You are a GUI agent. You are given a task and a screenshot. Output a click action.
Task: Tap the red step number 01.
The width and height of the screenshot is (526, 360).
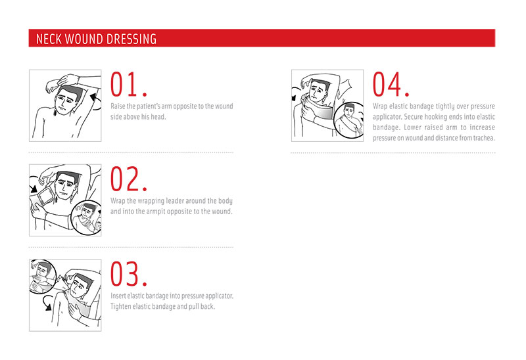click(x=128, y=84)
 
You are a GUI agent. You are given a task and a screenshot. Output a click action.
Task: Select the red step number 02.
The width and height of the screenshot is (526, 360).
click(x=128, y=179)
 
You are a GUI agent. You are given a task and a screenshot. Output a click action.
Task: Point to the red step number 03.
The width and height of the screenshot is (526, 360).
click(x=128, y=274)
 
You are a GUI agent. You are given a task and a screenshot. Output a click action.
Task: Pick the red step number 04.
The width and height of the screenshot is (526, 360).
click(x=391, y=84)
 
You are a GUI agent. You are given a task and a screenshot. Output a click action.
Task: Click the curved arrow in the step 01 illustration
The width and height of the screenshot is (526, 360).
click(x=96, y=102)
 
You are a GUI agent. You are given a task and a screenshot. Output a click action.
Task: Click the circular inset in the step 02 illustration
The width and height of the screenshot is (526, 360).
click(x=87, y=218)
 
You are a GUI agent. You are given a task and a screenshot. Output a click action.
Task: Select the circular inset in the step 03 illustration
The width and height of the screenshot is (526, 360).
click(x=43, y=276)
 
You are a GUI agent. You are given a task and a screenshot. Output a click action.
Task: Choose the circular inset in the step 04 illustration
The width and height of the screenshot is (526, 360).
click(x=349, y=120)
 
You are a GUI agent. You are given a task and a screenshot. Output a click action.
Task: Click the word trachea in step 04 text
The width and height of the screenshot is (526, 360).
click(x=484, y=138)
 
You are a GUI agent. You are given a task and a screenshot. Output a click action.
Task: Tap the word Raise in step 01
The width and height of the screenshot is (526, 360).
click(x=118, y=106)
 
